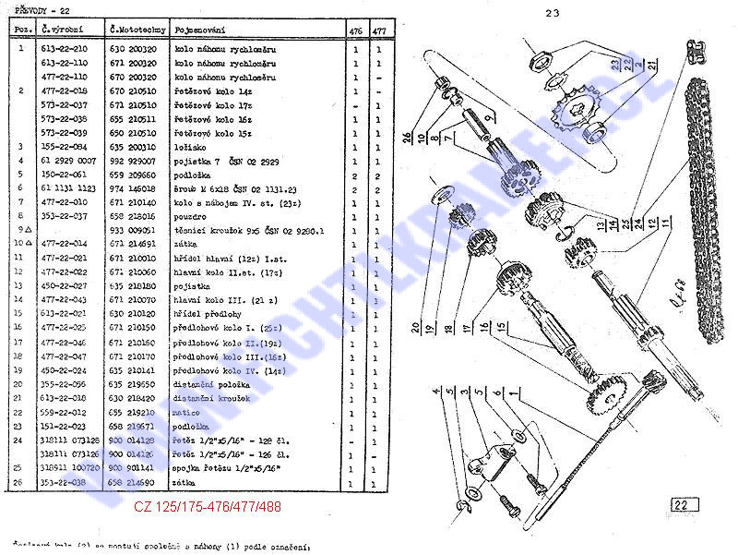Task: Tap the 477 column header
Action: point(379,30)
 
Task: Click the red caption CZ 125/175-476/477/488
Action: point(208,507)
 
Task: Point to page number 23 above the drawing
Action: point(553,13)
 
